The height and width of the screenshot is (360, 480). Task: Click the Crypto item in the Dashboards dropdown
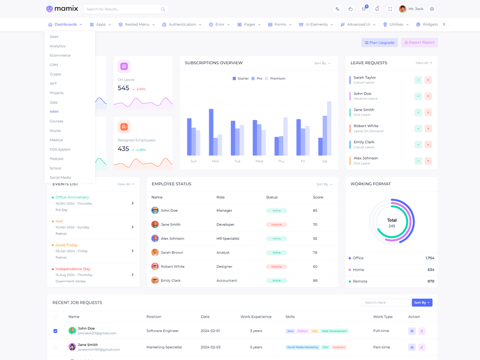click(x=55, y=74)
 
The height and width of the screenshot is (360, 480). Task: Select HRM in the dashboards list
click(x=54, y=112)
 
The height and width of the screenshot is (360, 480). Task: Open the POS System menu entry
click(x=60, y=149)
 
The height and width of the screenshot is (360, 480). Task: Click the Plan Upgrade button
click(x=380, y=43)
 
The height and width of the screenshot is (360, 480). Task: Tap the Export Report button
click(x=419, y=43)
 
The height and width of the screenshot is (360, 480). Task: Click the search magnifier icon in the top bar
click(x=163, y=10)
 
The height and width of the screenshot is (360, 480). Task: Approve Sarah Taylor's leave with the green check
click(x=418, y=80)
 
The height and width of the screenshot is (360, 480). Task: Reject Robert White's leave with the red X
click(x=428, y=128)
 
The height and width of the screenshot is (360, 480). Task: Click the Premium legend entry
click(x=275, y=79)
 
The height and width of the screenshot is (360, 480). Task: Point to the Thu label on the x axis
click(x=281, y=161)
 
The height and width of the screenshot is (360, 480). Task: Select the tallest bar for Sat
click(x=329, y=128)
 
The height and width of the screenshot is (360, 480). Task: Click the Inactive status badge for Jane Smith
click(x=276, y=224)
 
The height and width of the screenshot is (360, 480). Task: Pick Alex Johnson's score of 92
click(x=315, y=239)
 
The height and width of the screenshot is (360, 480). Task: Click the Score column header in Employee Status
click(x=317, y=197)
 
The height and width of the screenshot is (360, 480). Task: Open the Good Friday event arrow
click(x=133, y=251)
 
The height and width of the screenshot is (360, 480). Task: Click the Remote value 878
click(x=431, y=281)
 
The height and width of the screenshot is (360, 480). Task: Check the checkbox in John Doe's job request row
click(x=55, y=331)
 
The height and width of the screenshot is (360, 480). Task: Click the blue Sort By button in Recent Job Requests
click(x=422, y=302)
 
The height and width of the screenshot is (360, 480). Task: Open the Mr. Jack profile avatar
click(x=403, y=9)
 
